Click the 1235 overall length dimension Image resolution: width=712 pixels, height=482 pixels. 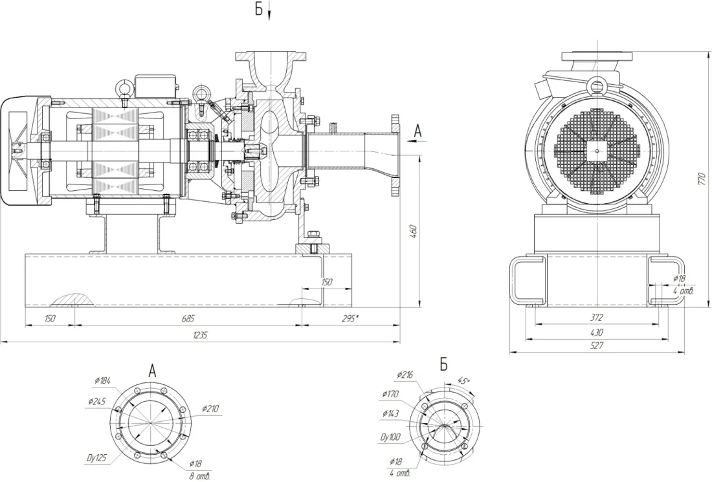[x=200, y=335]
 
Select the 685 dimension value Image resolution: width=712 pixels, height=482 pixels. [x=188, y=318]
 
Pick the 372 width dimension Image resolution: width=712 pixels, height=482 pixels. [x=596, y=318]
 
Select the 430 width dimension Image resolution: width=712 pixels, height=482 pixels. [x=596, y=332]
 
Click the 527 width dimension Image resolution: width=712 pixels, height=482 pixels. [x=596, y=346]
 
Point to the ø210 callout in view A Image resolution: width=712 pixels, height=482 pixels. [x=211, y=409]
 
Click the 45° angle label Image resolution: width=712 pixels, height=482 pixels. [x=463, y=380]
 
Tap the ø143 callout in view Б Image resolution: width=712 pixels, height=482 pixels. [x=391, y=413]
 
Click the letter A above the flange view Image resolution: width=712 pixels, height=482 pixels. [x=153, y=371]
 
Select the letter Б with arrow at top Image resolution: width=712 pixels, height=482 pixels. [x=259, y=10]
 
